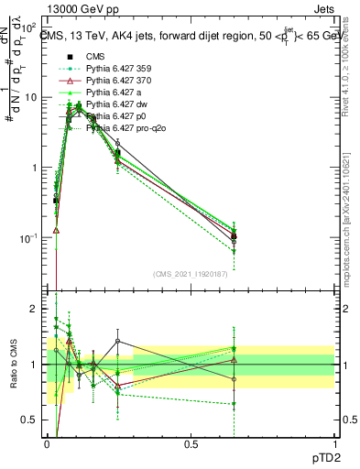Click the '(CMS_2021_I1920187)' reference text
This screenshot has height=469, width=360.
pyautogui.click(x=191, y=273)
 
